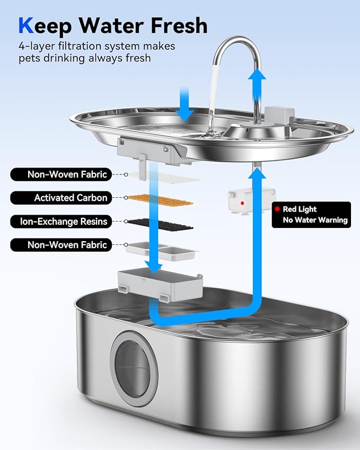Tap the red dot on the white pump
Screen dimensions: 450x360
click(x=242, y=202)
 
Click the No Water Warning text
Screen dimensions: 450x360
click(x=315, y=220)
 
